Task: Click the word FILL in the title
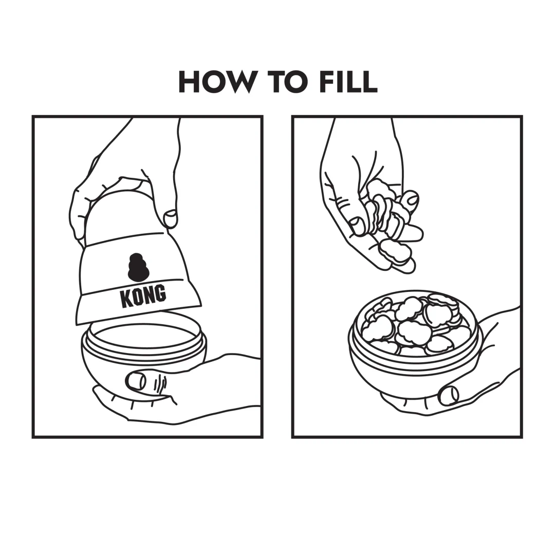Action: click(348, 82)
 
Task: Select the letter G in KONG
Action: click(160, 292)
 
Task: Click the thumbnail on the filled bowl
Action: click(448, 395)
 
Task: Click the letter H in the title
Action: click(189, 82)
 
